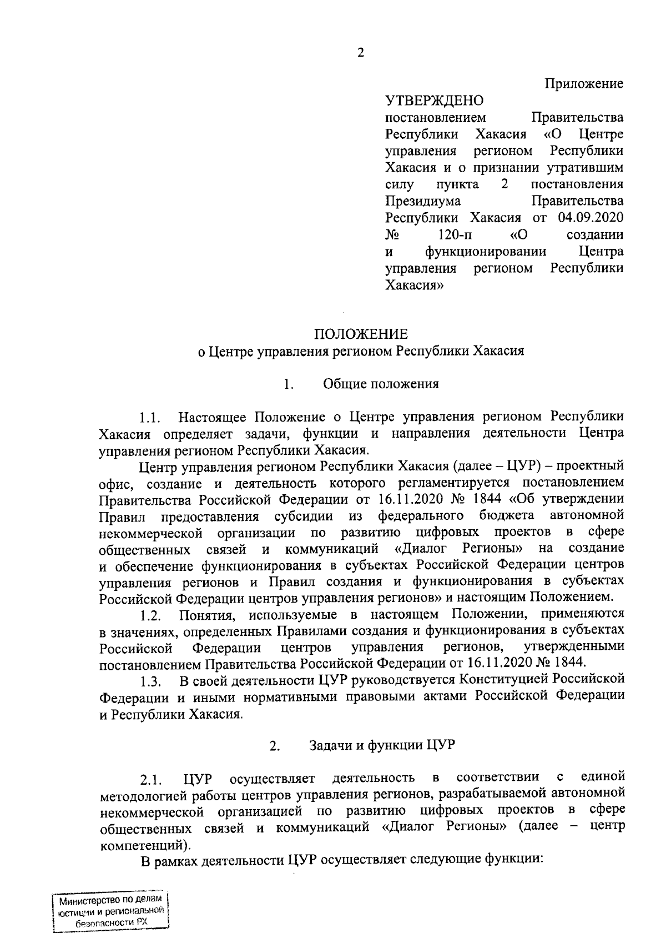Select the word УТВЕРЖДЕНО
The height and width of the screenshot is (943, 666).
(x=435, y=101)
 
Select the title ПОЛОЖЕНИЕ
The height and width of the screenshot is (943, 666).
(x=361, y=334)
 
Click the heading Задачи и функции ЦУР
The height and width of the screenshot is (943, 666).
(x=382, y=746)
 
